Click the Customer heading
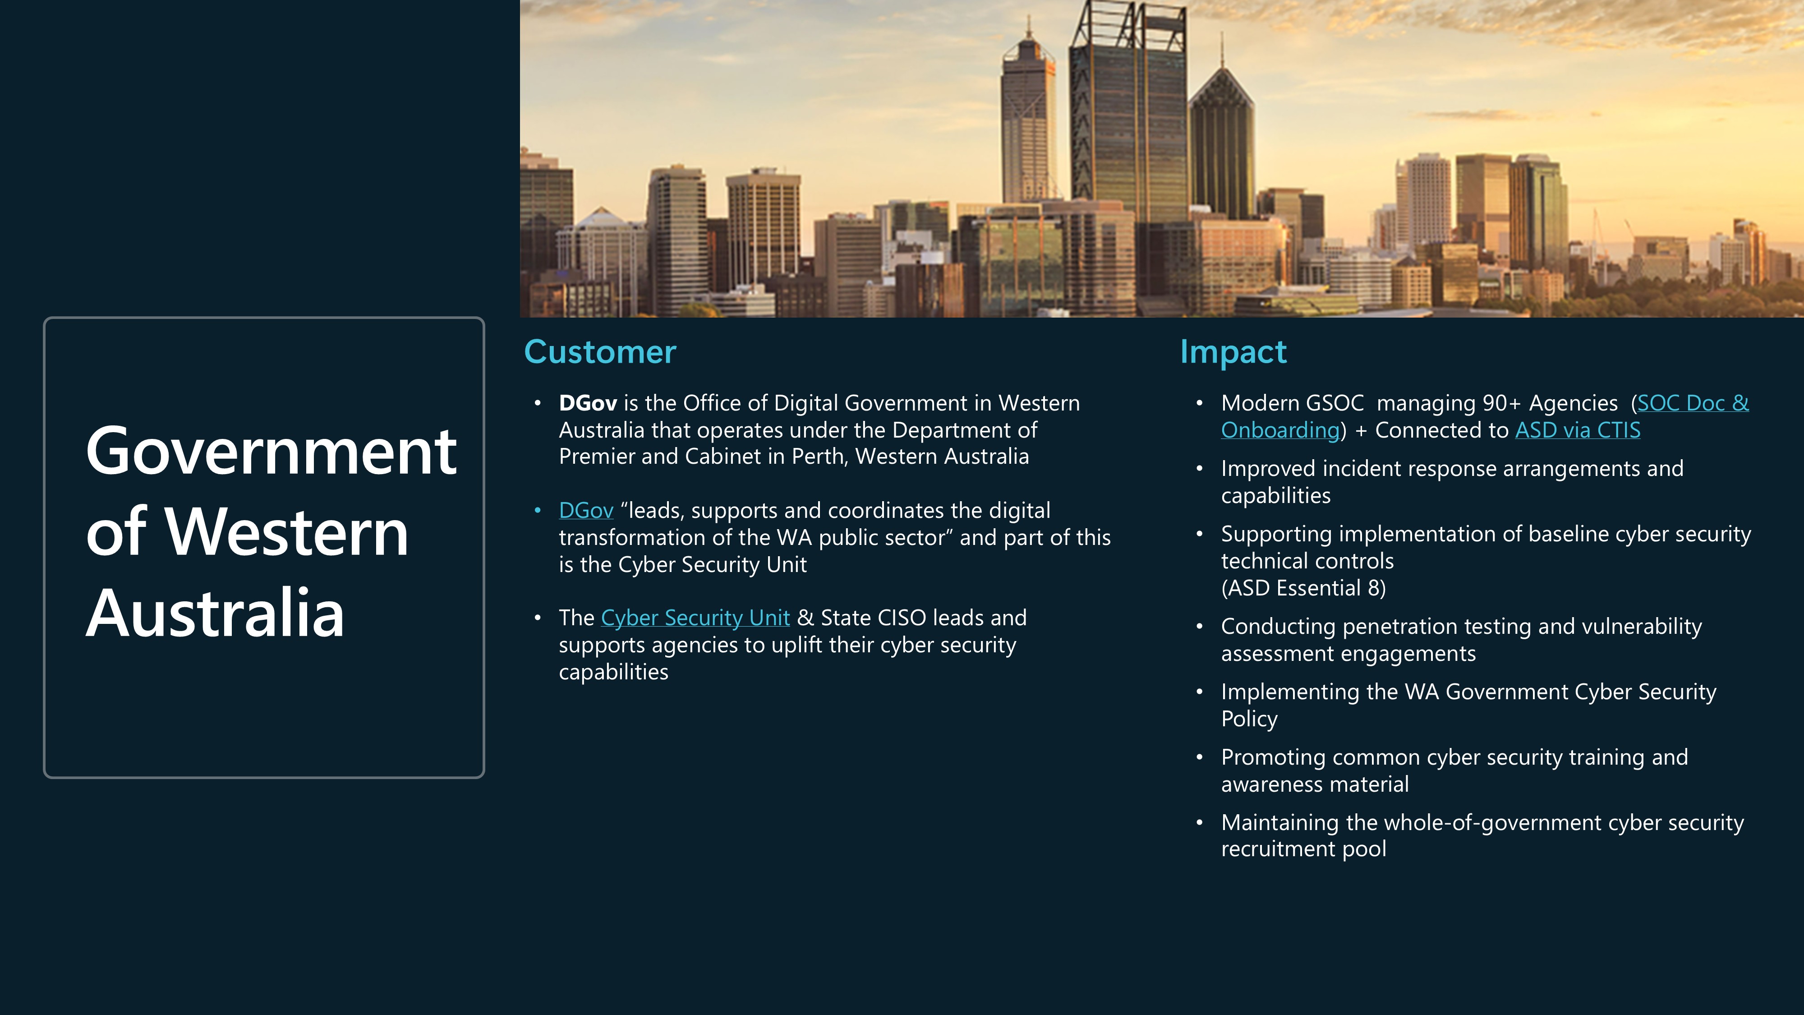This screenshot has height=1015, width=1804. (x=600, y=352)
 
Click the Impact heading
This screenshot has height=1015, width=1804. (x=1233, y=352)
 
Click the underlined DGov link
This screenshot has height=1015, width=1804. (x=586, y=511)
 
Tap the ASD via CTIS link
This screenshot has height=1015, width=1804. (x=1578, y=430)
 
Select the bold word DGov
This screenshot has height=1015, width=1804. (x=588, y=403)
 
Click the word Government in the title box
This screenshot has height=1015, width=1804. (x=271, y=452)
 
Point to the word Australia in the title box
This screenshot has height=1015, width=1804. (x=215, y=614)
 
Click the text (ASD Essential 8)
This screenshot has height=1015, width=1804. (x=1303, y=588)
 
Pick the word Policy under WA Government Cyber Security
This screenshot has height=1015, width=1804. (x=1249, y=720)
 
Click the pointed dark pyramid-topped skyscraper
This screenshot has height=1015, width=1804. (x=1222, y=140)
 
